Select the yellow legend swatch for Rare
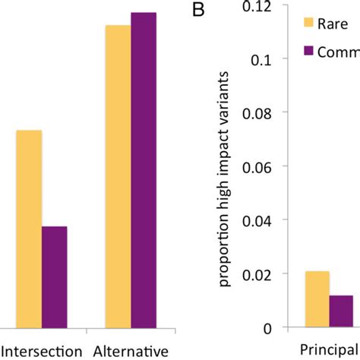coord(309,23)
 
